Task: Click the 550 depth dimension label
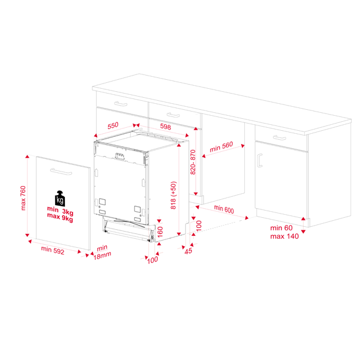[113, 125]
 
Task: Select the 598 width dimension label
[166, 127]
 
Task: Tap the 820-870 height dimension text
[193, 162]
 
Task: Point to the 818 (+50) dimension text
[173, 195]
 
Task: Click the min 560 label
[221, 147]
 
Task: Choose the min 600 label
[224, 209]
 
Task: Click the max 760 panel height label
[23, 198]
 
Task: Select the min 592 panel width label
[53, 250]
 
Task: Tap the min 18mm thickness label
[102, 252]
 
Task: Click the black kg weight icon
[60, 199]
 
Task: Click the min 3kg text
[60, 211]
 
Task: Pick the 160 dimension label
[160, 232]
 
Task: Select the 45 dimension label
[188, 251]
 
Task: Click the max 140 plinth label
[284, 236]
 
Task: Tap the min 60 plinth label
[281, 228]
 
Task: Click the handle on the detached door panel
[61, 172]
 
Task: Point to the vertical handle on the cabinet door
[260, 160]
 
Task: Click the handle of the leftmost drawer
[121, 104]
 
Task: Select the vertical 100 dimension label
[199, 226]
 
